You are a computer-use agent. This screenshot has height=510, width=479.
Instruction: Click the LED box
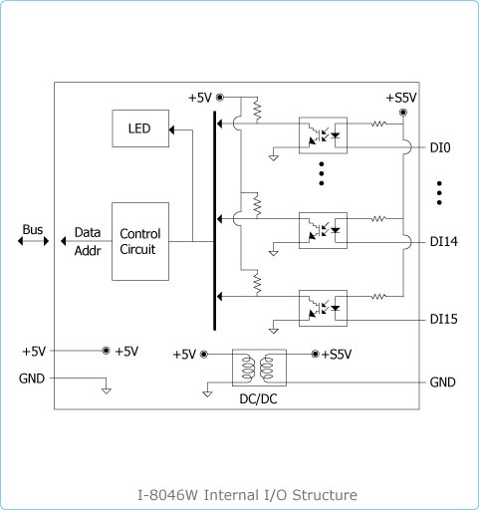pos(140,128)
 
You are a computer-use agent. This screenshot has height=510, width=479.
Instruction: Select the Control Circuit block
pos(140,241)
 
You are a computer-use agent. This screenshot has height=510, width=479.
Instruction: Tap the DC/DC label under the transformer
pos(258,399)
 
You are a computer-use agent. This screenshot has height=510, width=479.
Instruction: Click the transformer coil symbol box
pos(259,368)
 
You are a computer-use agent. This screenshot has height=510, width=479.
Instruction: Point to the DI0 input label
pos(440,147)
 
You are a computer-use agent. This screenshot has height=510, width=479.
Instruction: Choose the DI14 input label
pos(443,242)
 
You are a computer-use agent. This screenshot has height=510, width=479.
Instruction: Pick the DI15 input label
pos(443,319)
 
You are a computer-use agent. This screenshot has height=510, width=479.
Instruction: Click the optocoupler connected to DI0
pos(323,135)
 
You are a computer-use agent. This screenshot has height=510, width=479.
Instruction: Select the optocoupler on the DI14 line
pos(323,230)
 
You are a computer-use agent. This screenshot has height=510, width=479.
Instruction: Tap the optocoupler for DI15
pos(323,308)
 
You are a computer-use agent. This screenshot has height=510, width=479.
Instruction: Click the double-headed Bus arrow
pos(33,241)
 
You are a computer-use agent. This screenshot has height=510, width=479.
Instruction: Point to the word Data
pos(88,232)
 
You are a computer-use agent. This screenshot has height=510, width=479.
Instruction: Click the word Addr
pos(88,251)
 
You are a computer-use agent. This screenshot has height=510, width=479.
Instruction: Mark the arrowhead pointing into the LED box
pos(171,129)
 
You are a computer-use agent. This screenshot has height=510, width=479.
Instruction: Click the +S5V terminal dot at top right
pos(403,113)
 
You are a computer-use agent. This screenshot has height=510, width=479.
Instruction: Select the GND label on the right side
pos(442,382)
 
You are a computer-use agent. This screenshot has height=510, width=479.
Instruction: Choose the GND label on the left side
pos(32,379)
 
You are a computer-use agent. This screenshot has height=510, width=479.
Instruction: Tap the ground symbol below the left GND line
pos(107,390)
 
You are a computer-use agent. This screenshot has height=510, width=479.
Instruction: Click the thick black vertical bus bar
pos(215,221)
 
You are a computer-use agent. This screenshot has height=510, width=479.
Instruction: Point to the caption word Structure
pos(325,495)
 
